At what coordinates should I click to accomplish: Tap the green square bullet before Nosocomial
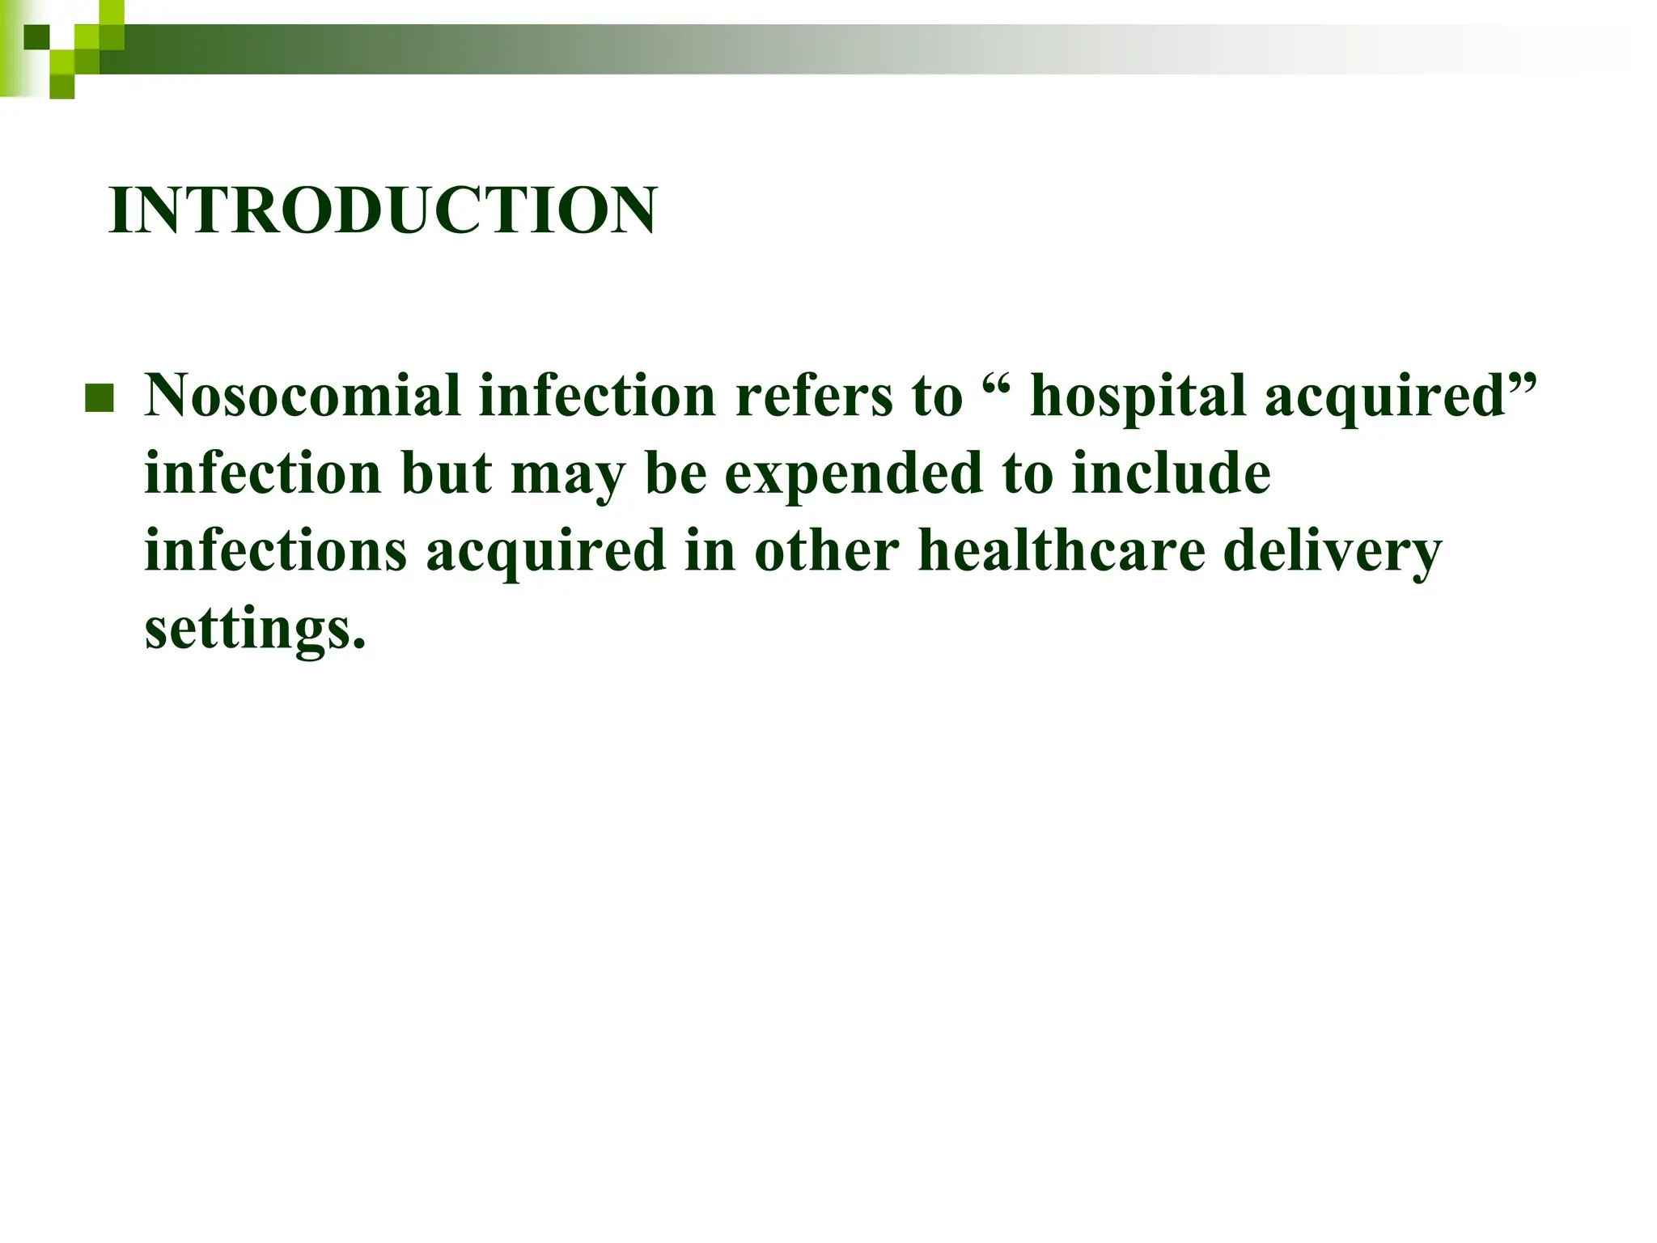[x=99, y=397]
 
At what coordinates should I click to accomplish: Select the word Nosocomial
[x=303, y=396]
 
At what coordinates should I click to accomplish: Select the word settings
[x=255, y=630]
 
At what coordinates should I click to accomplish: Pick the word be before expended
[x=676, y=473]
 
